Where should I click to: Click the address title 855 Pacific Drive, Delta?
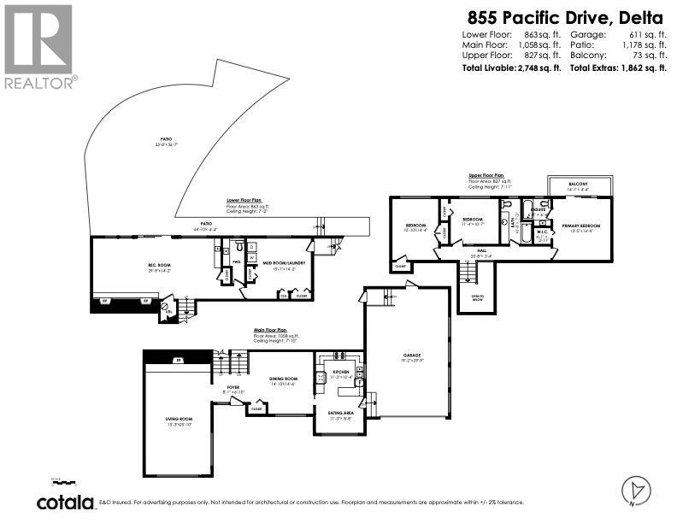tap(566, 16)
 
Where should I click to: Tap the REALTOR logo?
tap(38, 47)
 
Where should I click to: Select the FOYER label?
tap(233, 388)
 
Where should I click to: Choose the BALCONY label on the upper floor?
tap(580, 185)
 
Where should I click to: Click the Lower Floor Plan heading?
tap(244, 200)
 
